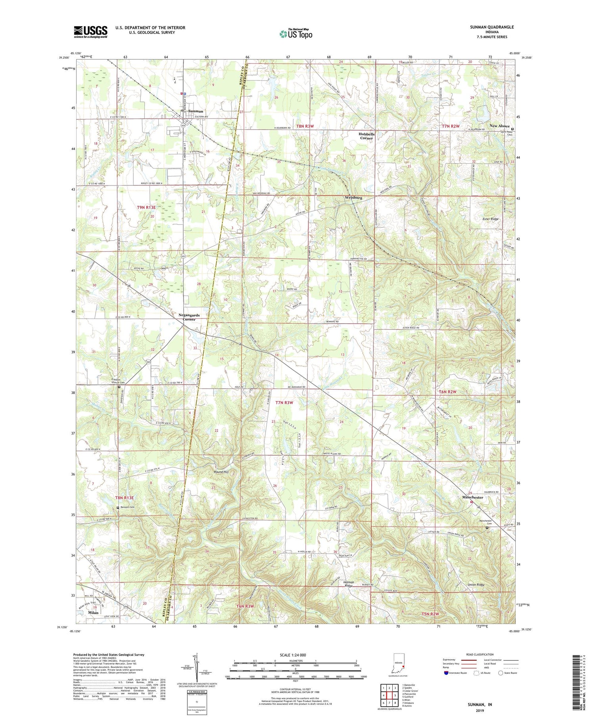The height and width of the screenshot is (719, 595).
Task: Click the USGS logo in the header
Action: tap(90, 32)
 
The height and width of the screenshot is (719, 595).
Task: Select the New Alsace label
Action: tap(499, 126)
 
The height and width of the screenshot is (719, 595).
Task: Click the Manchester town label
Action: tap(473, 497)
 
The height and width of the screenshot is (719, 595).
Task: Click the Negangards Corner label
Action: tap(189, 317)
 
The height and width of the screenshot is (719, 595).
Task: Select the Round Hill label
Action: tap(221, 472)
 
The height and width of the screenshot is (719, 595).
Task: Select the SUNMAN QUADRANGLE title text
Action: tap(490, 27)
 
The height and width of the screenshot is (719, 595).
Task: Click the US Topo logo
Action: tap(296, 34)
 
